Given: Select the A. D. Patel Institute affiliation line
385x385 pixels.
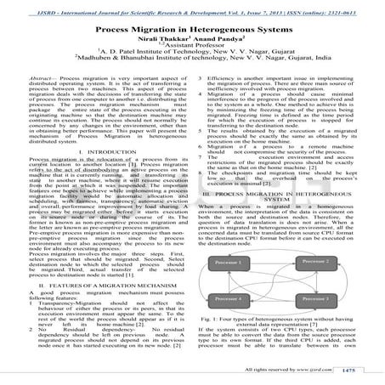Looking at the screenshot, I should pyautogui.click(x=192, y=55).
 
